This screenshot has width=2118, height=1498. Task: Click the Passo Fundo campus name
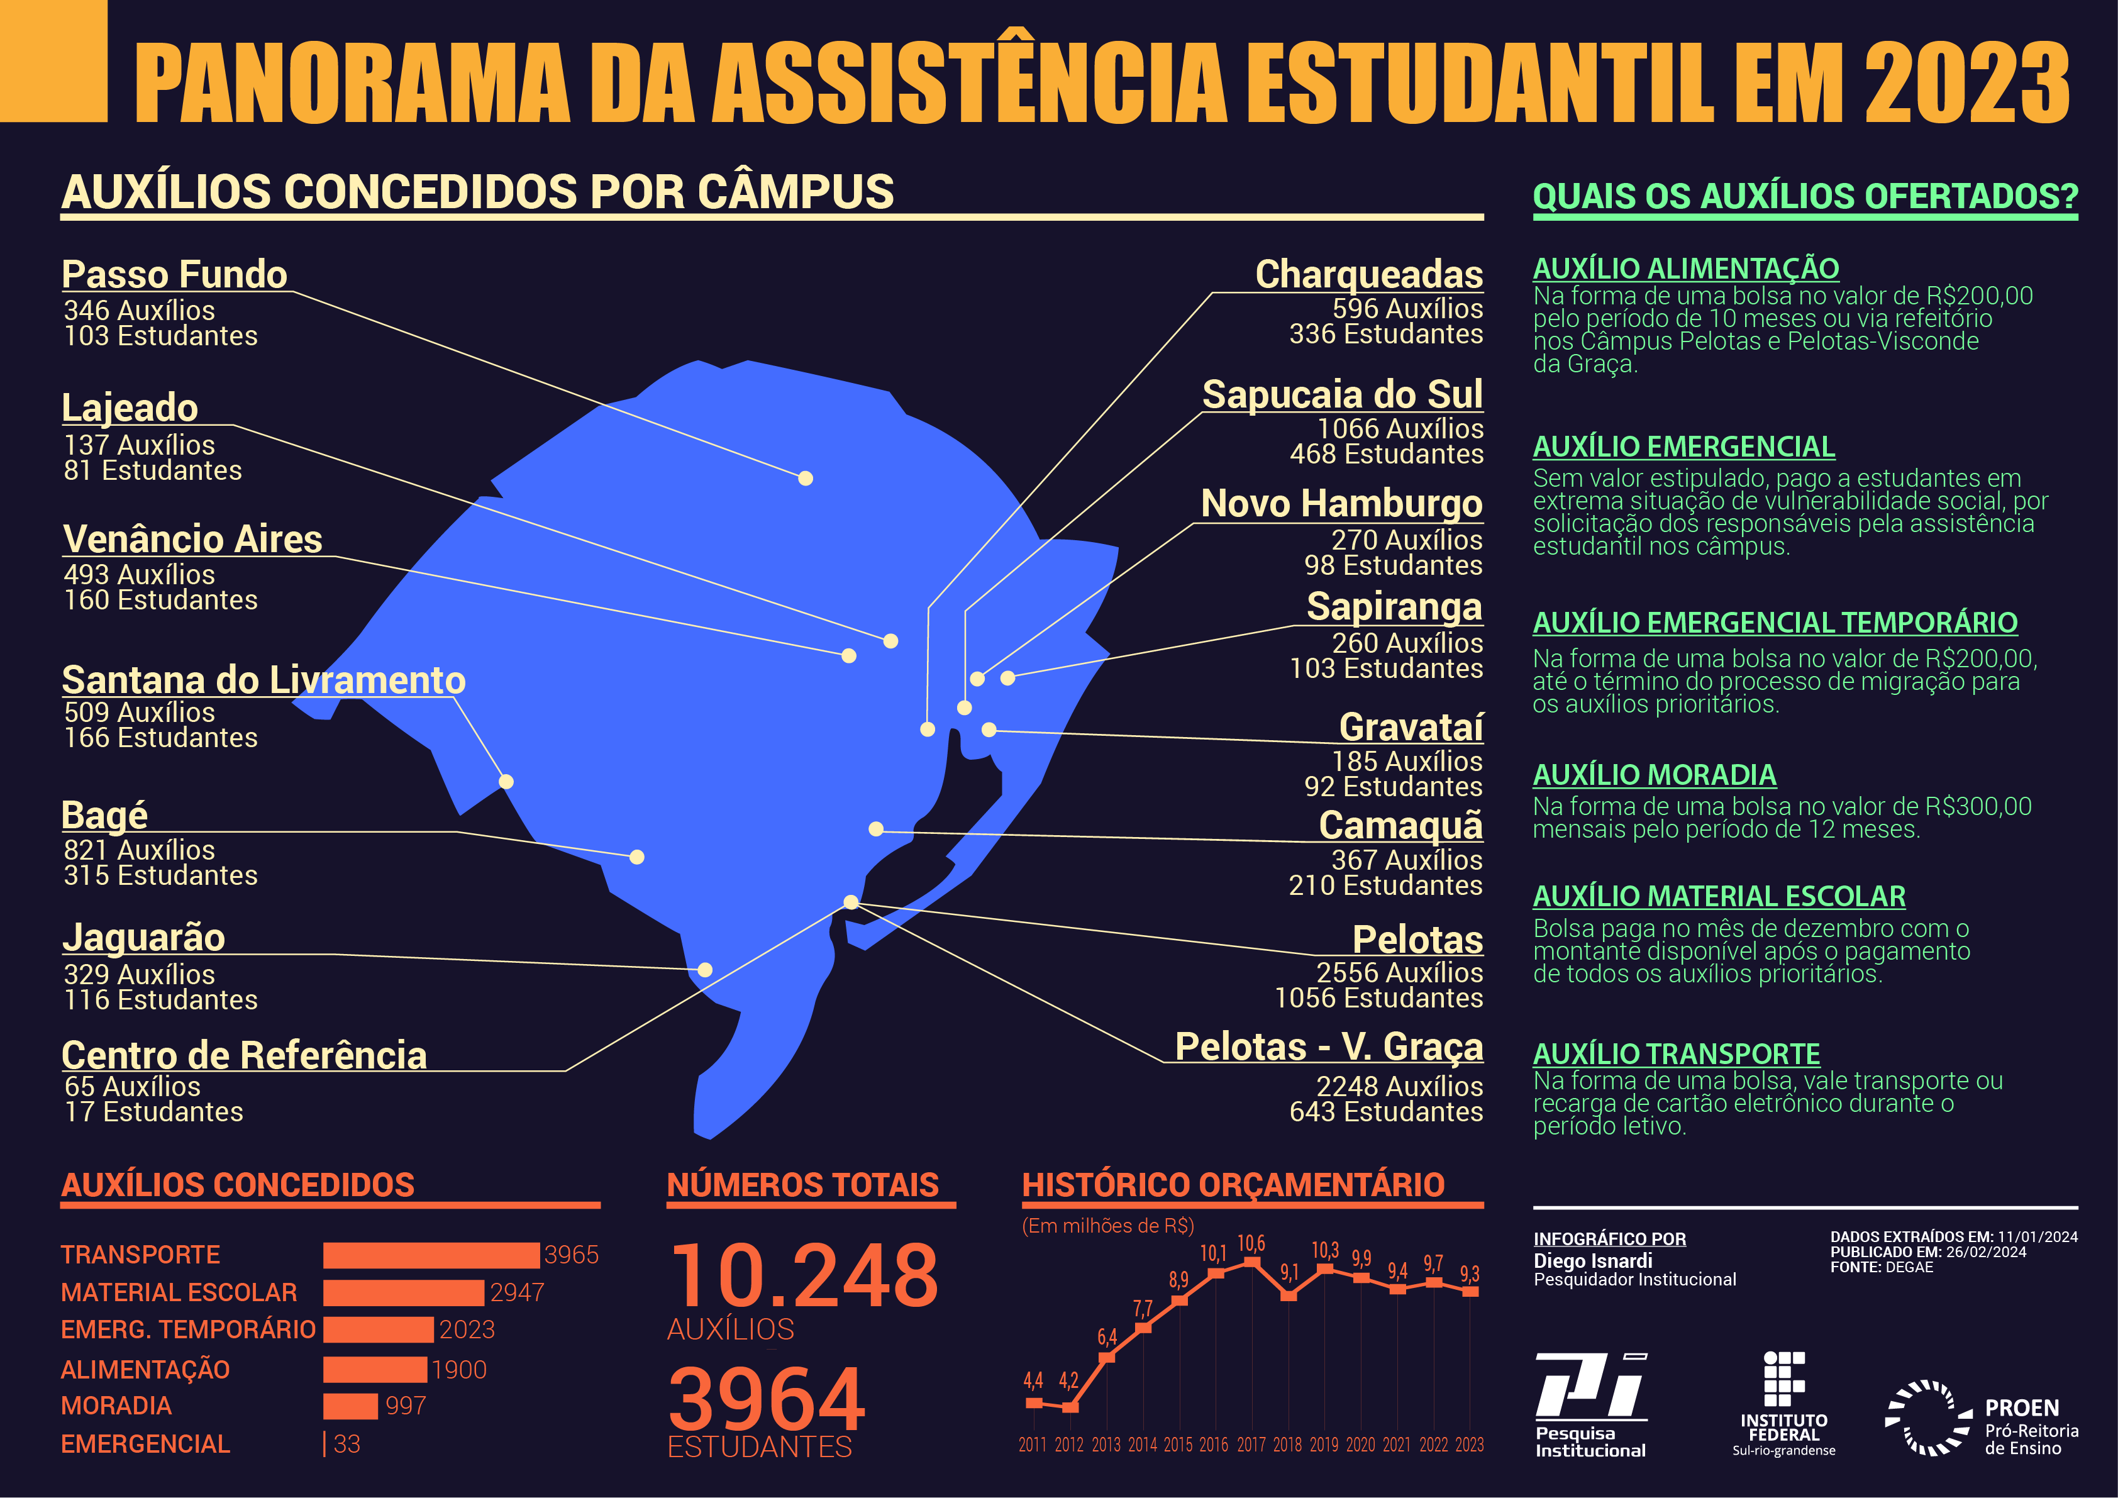coord(174,274)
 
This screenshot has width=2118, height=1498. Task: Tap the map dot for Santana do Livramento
coord(506,781)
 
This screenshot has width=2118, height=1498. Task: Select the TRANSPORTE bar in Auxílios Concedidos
coord(431,1255)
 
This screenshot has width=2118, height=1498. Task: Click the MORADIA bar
coord(350,1406)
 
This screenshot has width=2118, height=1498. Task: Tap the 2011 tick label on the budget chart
coord(1032,1445)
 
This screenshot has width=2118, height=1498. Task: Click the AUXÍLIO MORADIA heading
coord(1654,775)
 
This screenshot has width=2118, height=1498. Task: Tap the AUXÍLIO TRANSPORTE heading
coord(1676,1053)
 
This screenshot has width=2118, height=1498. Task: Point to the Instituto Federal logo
coord(1783,1404)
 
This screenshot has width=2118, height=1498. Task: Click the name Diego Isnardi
coord(1592,1261)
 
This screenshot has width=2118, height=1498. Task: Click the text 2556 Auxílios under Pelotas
coord(1399,972)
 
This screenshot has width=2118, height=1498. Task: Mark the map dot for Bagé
coord(636,857)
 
